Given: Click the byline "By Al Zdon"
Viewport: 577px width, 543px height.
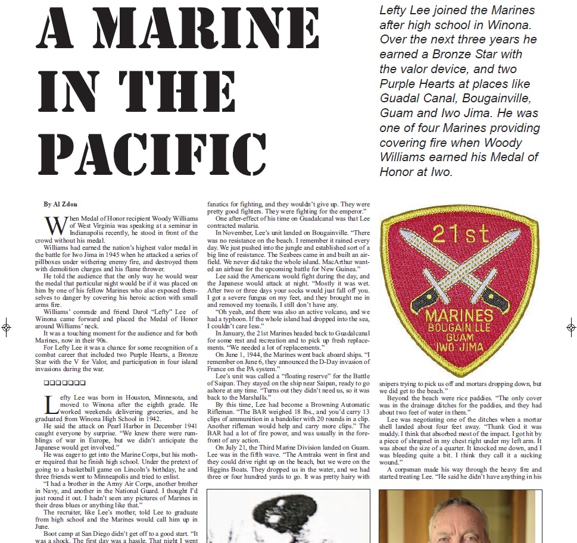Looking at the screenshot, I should tap(60, 204).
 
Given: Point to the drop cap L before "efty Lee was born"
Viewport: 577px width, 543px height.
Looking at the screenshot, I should tap(52, 404).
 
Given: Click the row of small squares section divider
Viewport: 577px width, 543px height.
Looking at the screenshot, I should tap(65, 382).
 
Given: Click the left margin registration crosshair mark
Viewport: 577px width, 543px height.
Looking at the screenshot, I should tap(6, 327).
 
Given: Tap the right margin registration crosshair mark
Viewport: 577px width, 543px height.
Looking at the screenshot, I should tap(570, 327).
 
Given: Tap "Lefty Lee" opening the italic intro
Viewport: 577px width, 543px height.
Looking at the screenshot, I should tap(406, 10).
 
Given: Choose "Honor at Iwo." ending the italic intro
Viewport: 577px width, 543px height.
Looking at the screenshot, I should tap(416, 172).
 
